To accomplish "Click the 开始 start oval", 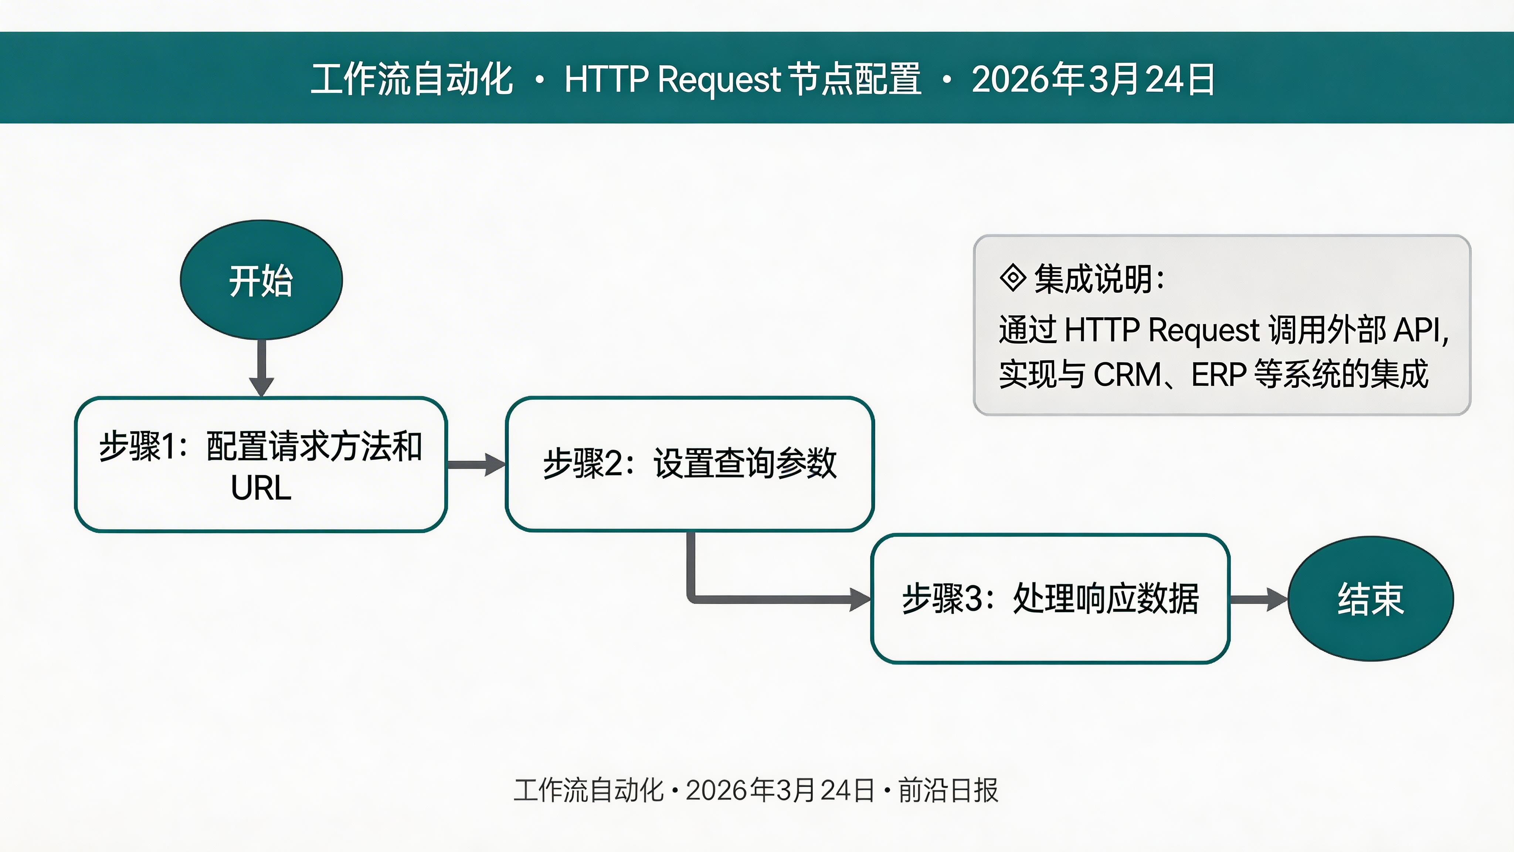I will (261, 280).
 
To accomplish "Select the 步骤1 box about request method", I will (261, 464).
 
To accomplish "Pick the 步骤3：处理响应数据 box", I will (1050, 599).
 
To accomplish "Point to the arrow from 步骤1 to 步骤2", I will (475, 464).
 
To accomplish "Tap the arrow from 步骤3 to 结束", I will (1258, 599).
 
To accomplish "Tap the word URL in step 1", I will (261, 488).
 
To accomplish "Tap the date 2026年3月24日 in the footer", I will (780, 790).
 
